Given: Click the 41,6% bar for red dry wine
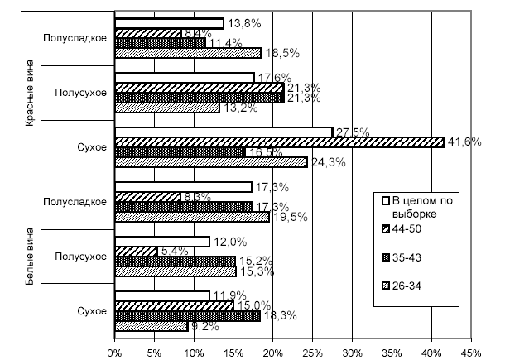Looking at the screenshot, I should coord(279,142).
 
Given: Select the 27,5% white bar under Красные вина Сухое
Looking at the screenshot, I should coord(224,132).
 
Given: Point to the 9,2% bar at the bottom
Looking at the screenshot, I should coord(152,326).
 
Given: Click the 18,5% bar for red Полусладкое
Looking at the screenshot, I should coord(188,53).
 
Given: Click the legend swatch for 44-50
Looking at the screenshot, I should coord(384,228).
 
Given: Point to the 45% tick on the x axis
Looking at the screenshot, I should coord(470,351).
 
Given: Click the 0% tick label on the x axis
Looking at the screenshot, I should coord(115,351).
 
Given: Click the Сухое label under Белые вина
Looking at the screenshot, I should coord(92,310).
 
